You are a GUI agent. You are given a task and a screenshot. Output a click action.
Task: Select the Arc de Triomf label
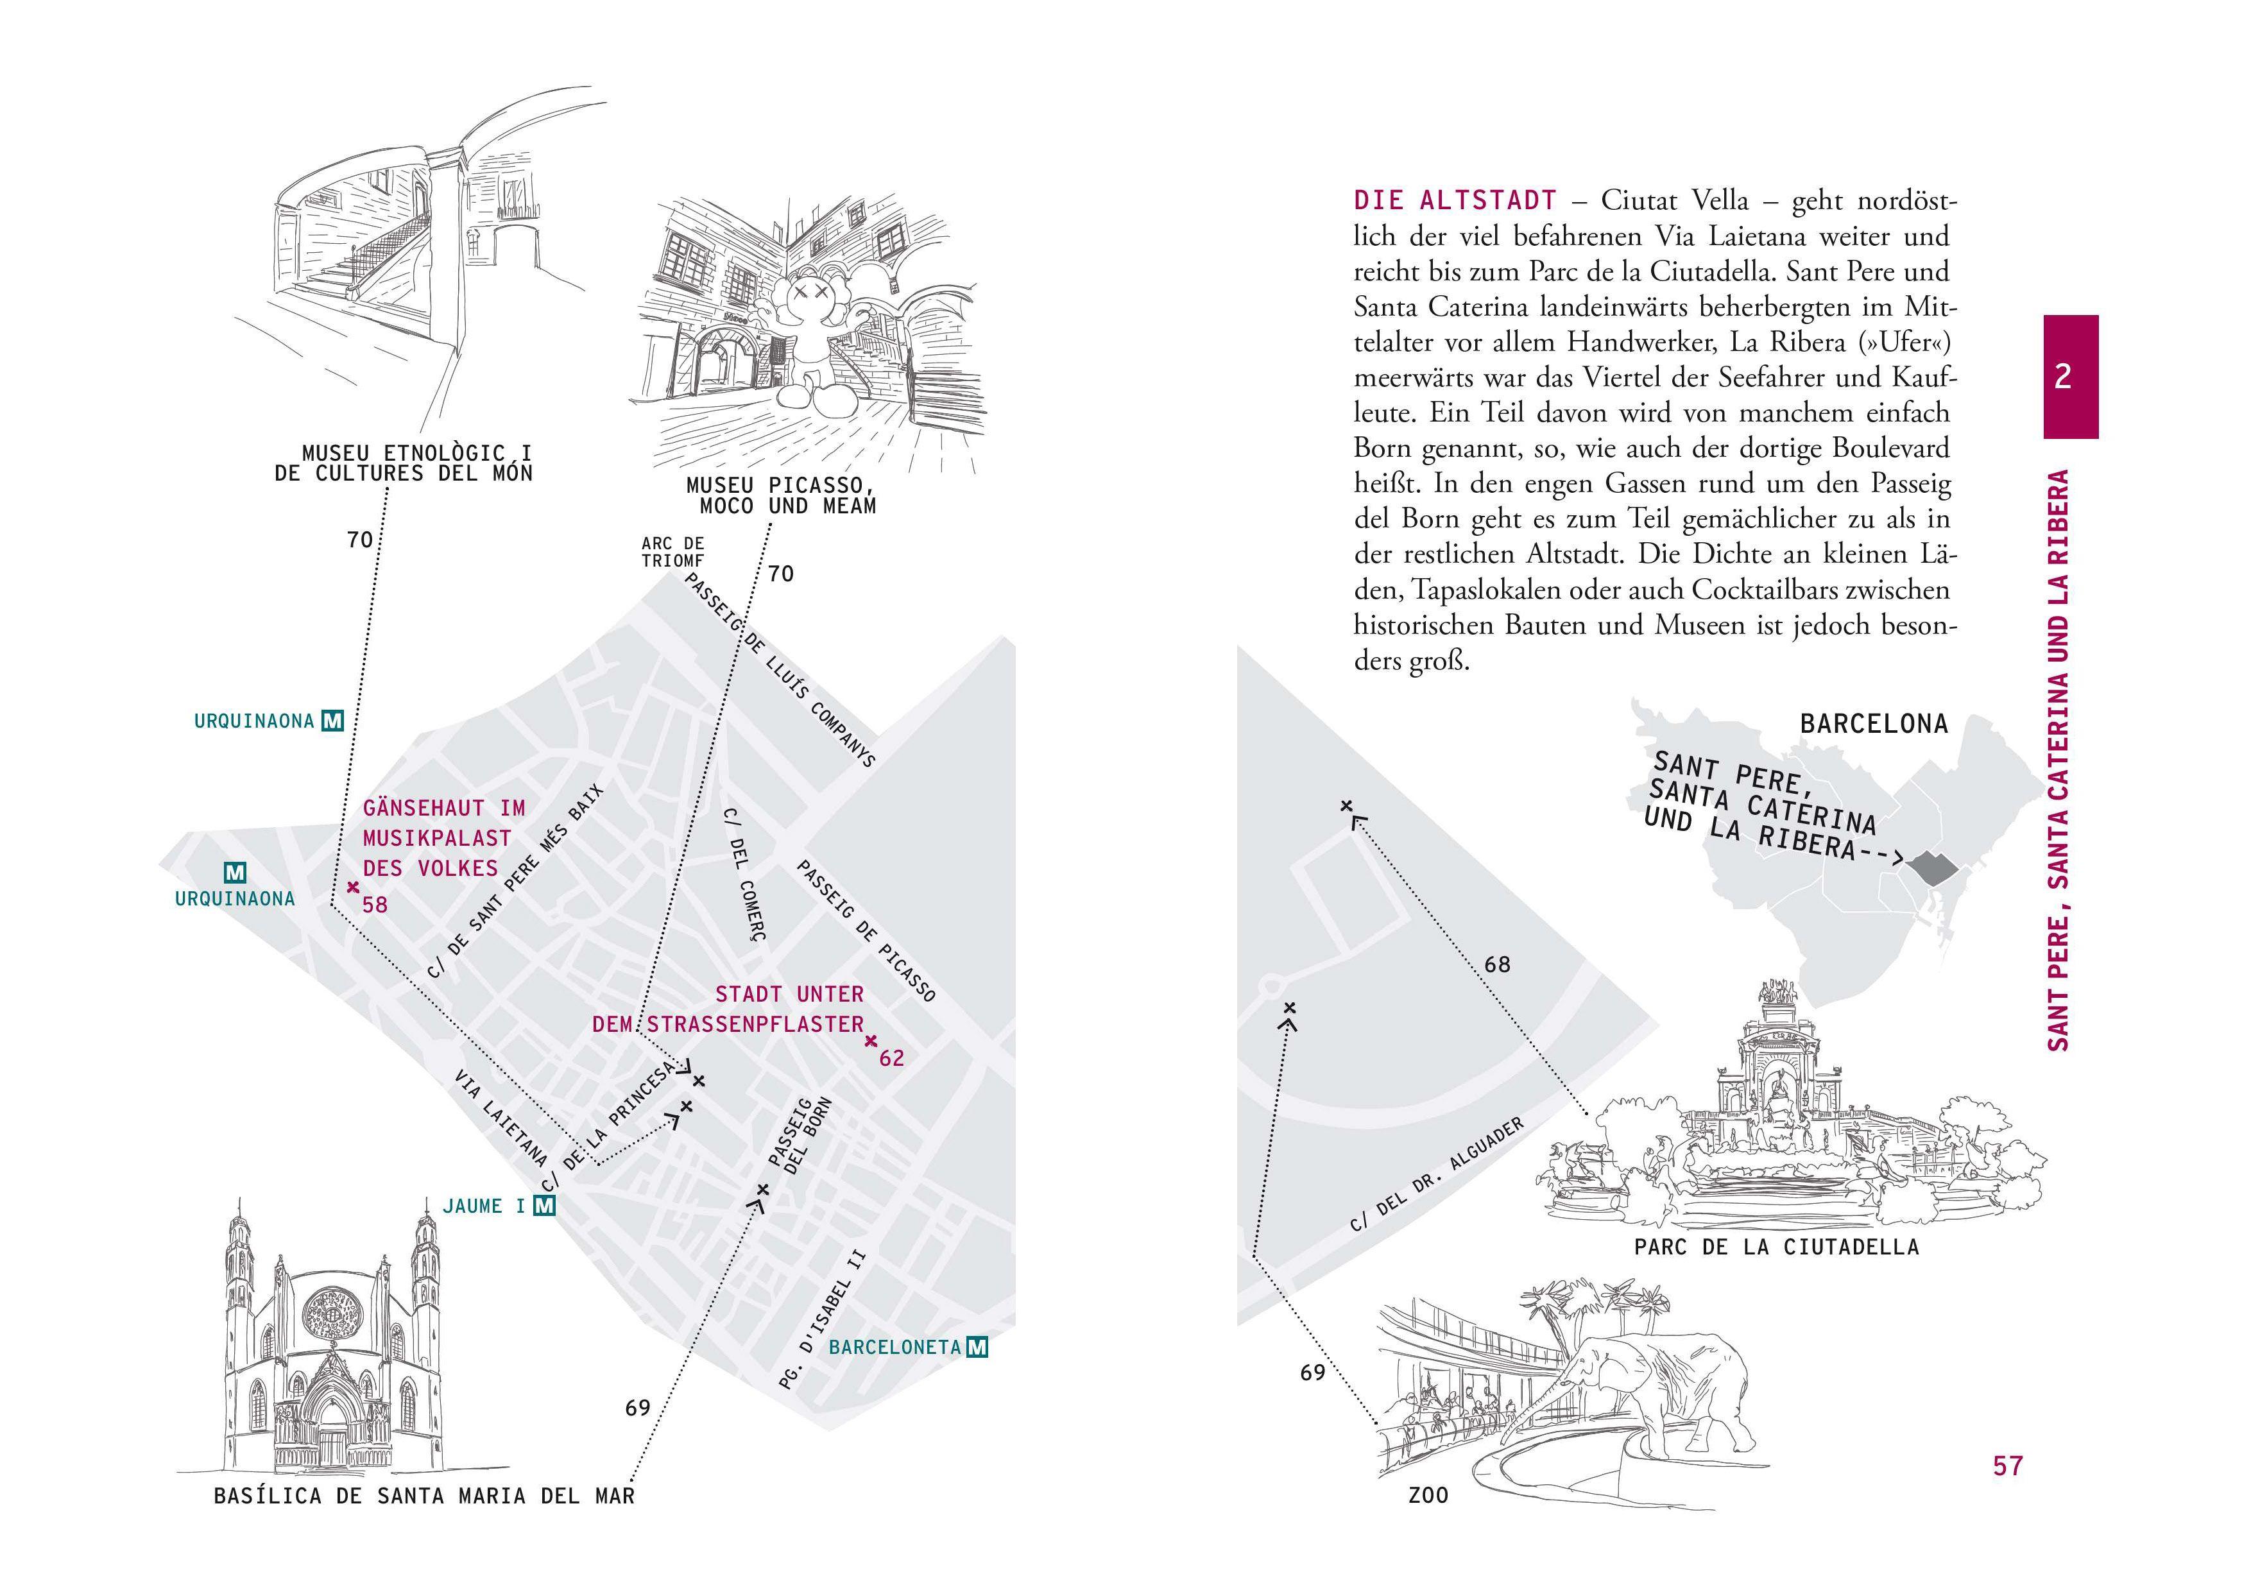coord(672,552)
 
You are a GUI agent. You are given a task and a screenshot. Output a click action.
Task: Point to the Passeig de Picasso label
coord(866,930)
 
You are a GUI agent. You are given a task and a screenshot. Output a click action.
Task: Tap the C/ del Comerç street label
coord(743,875)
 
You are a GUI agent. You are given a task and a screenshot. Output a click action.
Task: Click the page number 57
coord(2008,1466)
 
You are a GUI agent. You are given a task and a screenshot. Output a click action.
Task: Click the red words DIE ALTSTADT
coord(1454,201)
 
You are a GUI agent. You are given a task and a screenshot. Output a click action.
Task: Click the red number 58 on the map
coord(375,905)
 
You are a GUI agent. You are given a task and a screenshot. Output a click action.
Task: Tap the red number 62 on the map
coord(891,1059)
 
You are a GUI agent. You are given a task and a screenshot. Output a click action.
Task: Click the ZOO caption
coord(1428,1496)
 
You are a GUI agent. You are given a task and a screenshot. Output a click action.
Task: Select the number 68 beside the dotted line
coord(1497,964)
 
